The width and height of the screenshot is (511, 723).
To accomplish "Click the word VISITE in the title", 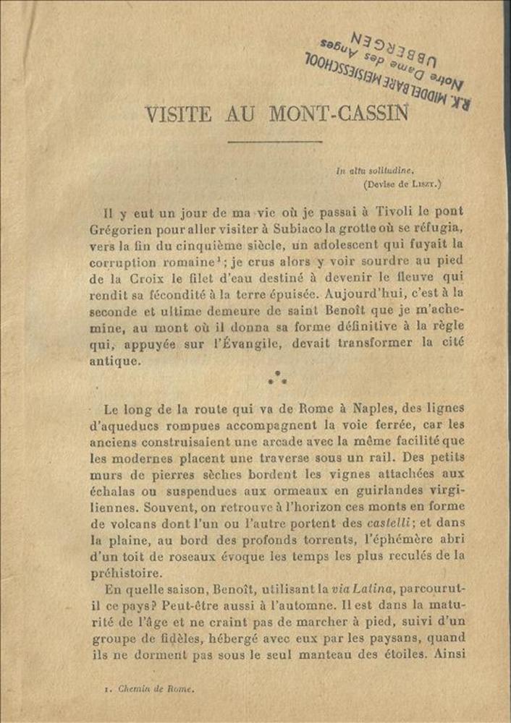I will point(178,114).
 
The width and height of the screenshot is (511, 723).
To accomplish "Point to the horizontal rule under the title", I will point(274,142).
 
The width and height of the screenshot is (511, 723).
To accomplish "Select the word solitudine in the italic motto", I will point(391,171).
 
